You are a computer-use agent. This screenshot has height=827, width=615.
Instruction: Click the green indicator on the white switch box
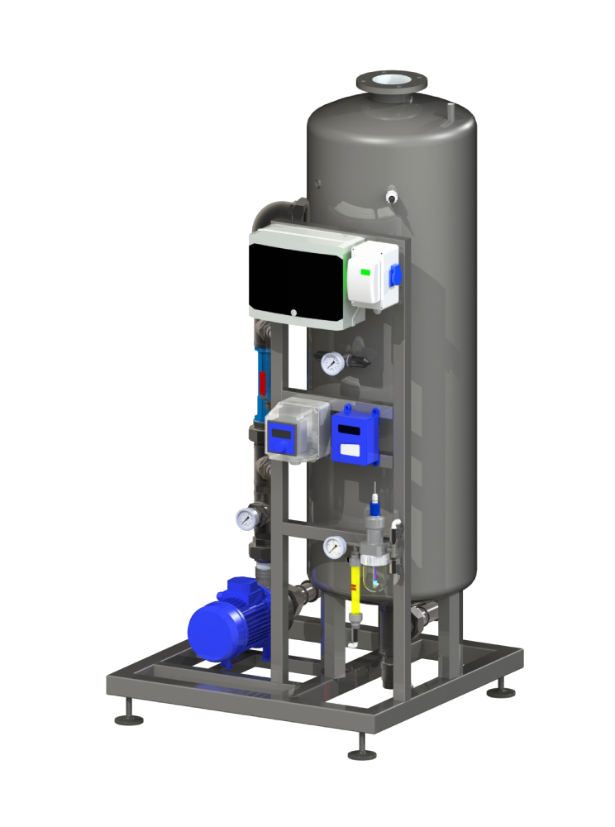coord(365,270)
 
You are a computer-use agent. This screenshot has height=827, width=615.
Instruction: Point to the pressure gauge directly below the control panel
coord(331,363)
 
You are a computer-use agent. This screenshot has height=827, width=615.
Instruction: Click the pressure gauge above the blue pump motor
coord(246,519)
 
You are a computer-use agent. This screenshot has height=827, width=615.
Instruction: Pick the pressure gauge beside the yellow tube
coord(334,546)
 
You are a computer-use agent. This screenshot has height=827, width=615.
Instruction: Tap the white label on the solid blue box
coord(350,451)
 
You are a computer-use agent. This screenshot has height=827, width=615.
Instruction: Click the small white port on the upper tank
coord(392,197)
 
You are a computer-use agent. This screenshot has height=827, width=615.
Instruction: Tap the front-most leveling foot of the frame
coord(361,753)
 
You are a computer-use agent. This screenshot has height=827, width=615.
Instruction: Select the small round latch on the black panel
coord(293,313)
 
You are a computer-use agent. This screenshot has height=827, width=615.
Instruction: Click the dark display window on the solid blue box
coord(350,431)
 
